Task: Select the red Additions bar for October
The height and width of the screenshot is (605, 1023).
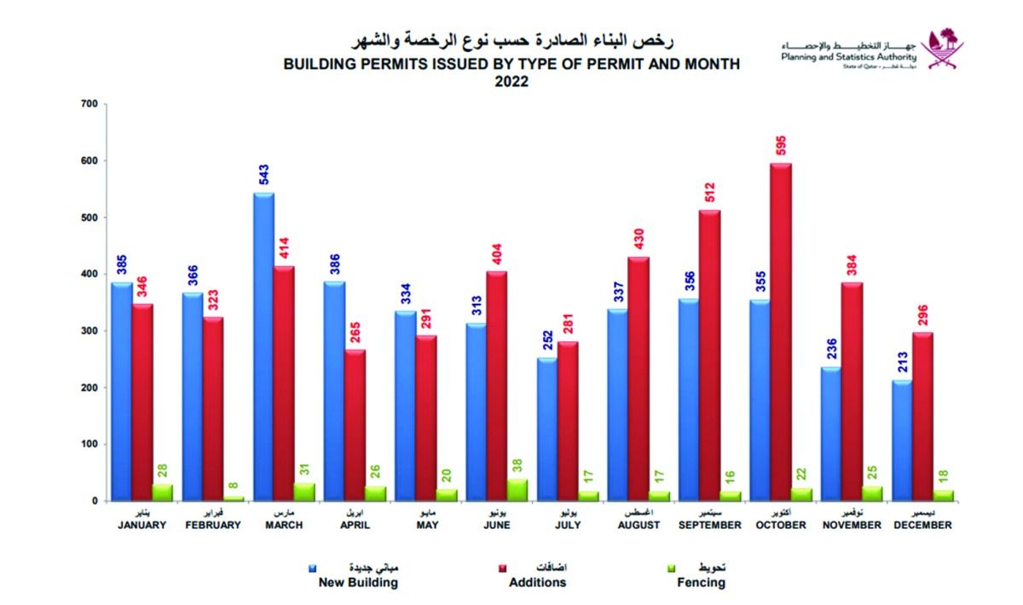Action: coord(781,332)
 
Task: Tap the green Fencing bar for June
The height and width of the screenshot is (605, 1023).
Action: coord(517,490)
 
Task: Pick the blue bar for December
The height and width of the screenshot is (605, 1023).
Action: coord(901,440)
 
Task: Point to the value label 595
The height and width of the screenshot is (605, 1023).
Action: coord(782,144)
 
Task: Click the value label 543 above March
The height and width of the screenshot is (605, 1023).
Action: coord(263,174)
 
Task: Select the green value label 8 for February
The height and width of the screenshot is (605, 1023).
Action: coord(234,484)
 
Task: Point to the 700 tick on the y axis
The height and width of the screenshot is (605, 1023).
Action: coord(88,104)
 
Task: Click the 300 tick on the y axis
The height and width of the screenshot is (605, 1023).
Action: coord(88,331)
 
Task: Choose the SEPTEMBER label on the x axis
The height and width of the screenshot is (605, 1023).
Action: coord(709,526)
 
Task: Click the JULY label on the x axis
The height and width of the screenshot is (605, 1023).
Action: coord(567,526)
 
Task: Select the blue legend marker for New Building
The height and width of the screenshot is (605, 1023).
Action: coord(313,567)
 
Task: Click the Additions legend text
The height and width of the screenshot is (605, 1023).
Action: coord(537,583)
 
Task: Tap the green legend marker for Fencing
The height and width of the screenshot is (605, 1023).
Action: coord(670,567)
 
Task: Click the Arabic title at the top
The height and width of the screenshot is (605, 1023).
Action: coord(511,41)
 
